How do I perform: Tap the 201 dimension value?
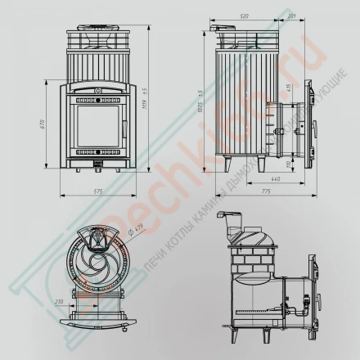291,16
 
